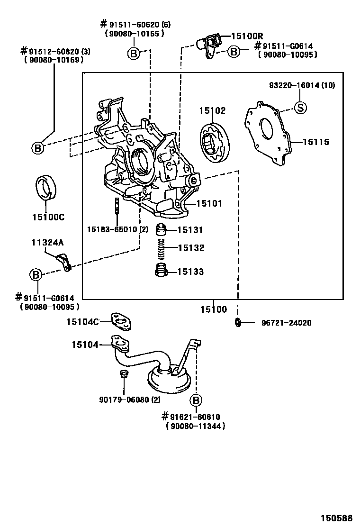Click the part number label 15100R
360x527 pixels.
(x=247, y=36)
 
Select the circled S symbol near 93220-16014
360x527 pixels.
(x=301, y=108)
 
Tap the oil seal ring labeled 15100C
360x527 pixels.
(x=46, y=188)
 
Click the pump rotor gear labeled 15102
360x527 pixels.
(x=215, y=142)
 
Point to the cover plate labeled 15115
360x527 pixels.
(x=268, y=134)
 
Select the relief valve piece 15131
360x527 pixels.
(x=162, y=230)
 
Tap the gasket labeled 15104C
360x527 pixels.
(x=121, y=322)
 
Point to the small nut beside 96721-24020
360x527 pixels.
(x=238, y=322)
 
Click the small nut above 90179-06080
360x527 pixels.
(x=123, y=374)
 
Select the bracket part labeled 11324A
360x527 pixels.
(x=64, y=263)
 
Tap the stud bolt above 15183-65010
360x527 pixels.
(x=117, y=206)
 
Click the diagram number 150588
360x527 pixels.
(x=336, y=518)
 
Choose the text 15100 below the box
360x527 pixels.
(x=214, y=309)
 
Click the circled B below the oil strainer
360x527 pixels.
(x=196, y=400)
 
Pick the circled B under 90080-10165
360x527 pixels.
(x=134, y=53)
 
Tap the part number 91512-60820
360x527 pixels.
(x=54, y=52)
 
